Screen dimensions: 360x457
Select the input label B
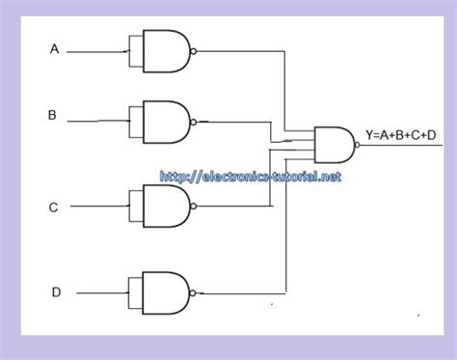tap(52, 115)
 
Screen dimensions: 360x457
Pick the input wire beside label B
tap(97, 121)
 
